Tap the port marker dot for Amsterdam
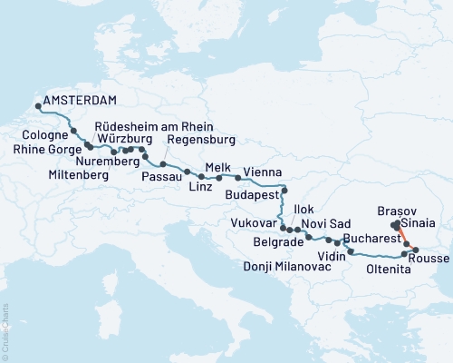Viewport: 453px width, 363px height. click(x=38, y=108)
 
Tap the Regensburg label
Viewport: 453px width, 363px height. click(x=201, y=140)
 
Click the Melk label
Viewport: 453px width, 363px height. click(x=219, y=168)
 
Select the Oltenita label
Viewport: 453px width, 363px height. click(x=390, y=269)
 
